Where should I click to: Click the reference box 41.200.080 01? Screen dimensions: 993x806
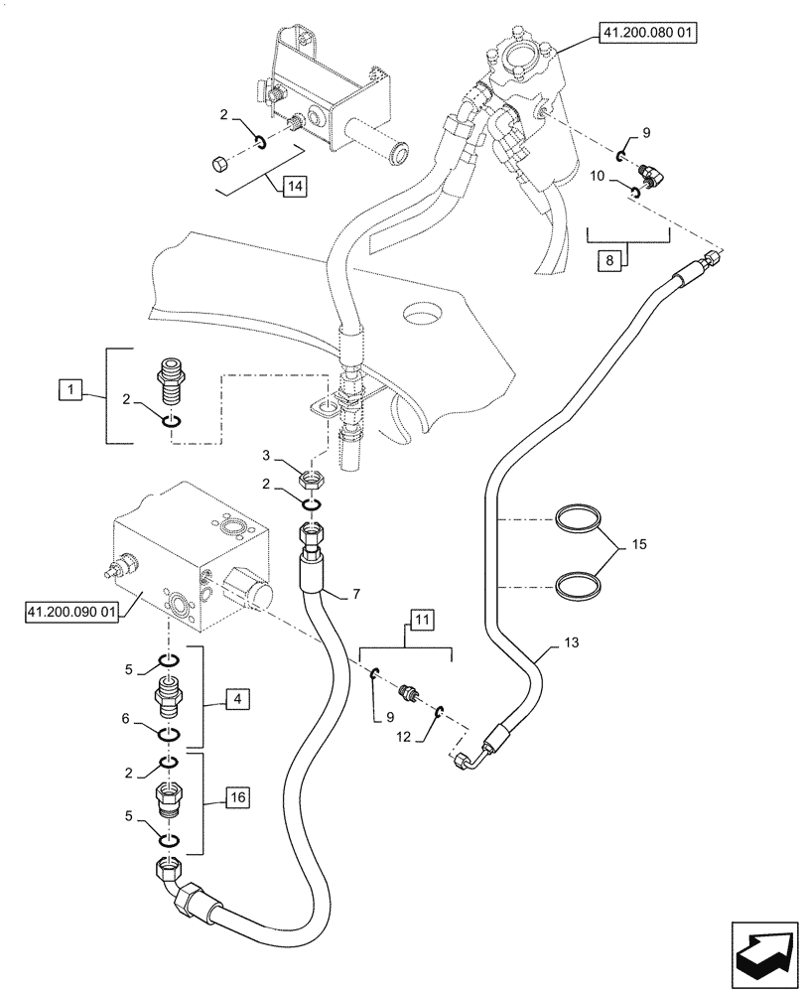649,34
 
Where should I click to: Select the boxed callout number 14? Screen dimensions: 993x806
294,186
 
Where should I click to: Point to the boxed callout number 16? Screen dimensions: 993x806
237,796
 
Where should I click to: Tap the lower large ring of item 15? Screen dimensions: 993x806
579,584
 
